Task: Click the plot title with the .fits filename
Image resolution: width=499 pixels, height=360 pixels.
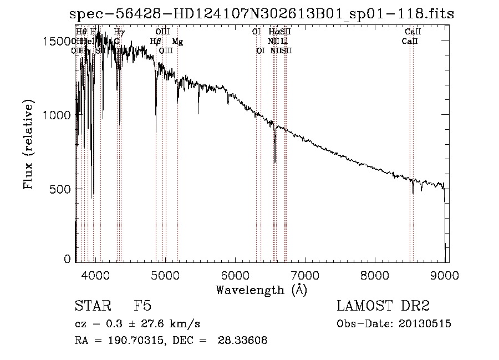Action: pyautogui.click(x=261, y=14)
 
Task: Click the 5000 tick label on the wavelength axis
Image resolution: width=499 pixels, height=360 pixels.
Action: pyautogui.click(x=165, y=275)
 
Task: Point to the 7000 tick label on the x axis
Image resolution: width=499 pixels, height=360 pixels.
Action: pyautogui.click(x=305, y=275)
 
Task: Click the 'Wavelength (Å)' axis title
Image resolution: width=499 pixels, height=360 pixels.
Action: pyautogui.click(x=261, y=290)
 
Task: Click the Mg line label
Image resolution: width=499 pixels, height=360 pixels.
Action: pyautogui.click(x=177, y=42)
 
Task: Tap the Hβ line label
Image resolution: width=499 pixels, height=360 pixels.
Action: pyautogui.click(x=156, y=42)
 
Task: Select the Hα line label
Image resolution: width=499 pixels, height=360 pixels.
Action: pyautogui.click(x=274, y=32)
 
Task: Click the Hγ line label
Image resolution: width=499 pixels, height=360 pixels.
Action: pyautogui.click(x=119, y=32)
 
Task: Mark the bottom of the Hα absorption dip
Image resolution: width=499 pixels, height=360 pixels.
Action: pyautogui.click(x=275, y=162)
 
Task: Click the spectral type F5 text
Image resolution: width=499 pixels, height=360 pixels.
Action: pyautogui.click(x=142, y=307)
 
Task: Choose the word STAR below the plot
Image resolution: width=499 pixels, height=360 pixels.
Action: pyautogui.click(x=92, y=307)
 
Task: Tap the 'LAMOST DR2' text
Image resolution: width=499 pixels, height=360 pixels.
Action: pyautogui.click(x=383, y=307)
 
